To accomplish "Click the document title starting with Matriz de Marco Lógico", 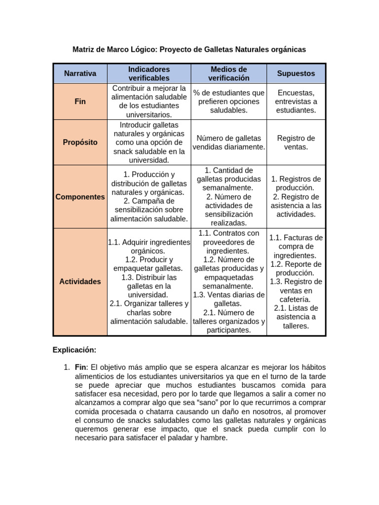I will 189,49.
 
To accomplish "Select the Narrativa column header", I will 80,73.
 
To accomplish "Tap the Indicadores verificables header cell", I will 149,73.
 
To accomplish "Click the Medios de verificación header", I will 228,73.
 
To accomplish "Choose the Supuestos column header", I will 296,73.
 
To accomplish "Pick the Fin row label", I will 80,101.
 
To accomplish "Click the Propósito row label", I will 80,142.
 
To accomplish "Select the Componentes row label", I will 80,197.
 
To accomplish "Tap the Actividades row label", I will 80,282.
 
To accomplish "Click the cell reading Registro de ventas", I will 296,142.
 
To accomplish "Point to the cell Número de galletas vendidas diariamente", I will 228,142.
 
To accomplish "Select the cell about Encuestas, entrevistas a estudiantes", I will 296,101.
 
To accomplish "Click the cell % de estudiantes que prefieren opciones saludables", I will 228,101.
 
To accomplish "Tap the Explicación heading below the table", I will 75,350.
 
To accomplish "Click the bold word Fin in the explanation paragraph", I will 80,367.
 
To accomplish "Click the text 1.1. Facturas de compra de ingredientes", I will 296,247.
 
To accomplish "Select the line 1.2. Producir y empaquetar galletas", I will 149,264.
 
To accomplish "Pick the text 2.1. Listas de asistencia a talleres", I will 296,317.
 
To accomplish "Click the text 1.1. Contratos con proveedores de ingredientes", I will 228,242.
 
